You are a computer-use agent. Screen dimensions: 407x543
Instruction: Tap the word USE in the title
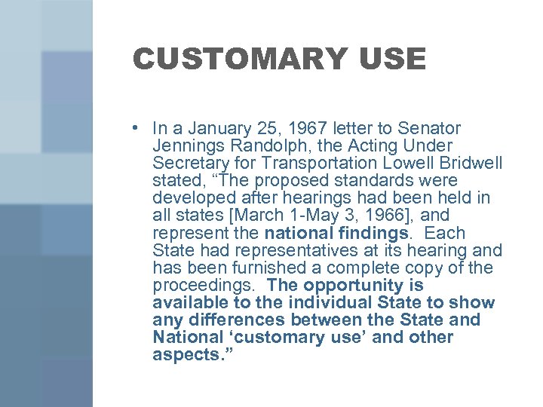394,59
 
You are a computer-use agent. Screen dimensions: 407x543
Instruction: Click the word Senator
428,128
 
